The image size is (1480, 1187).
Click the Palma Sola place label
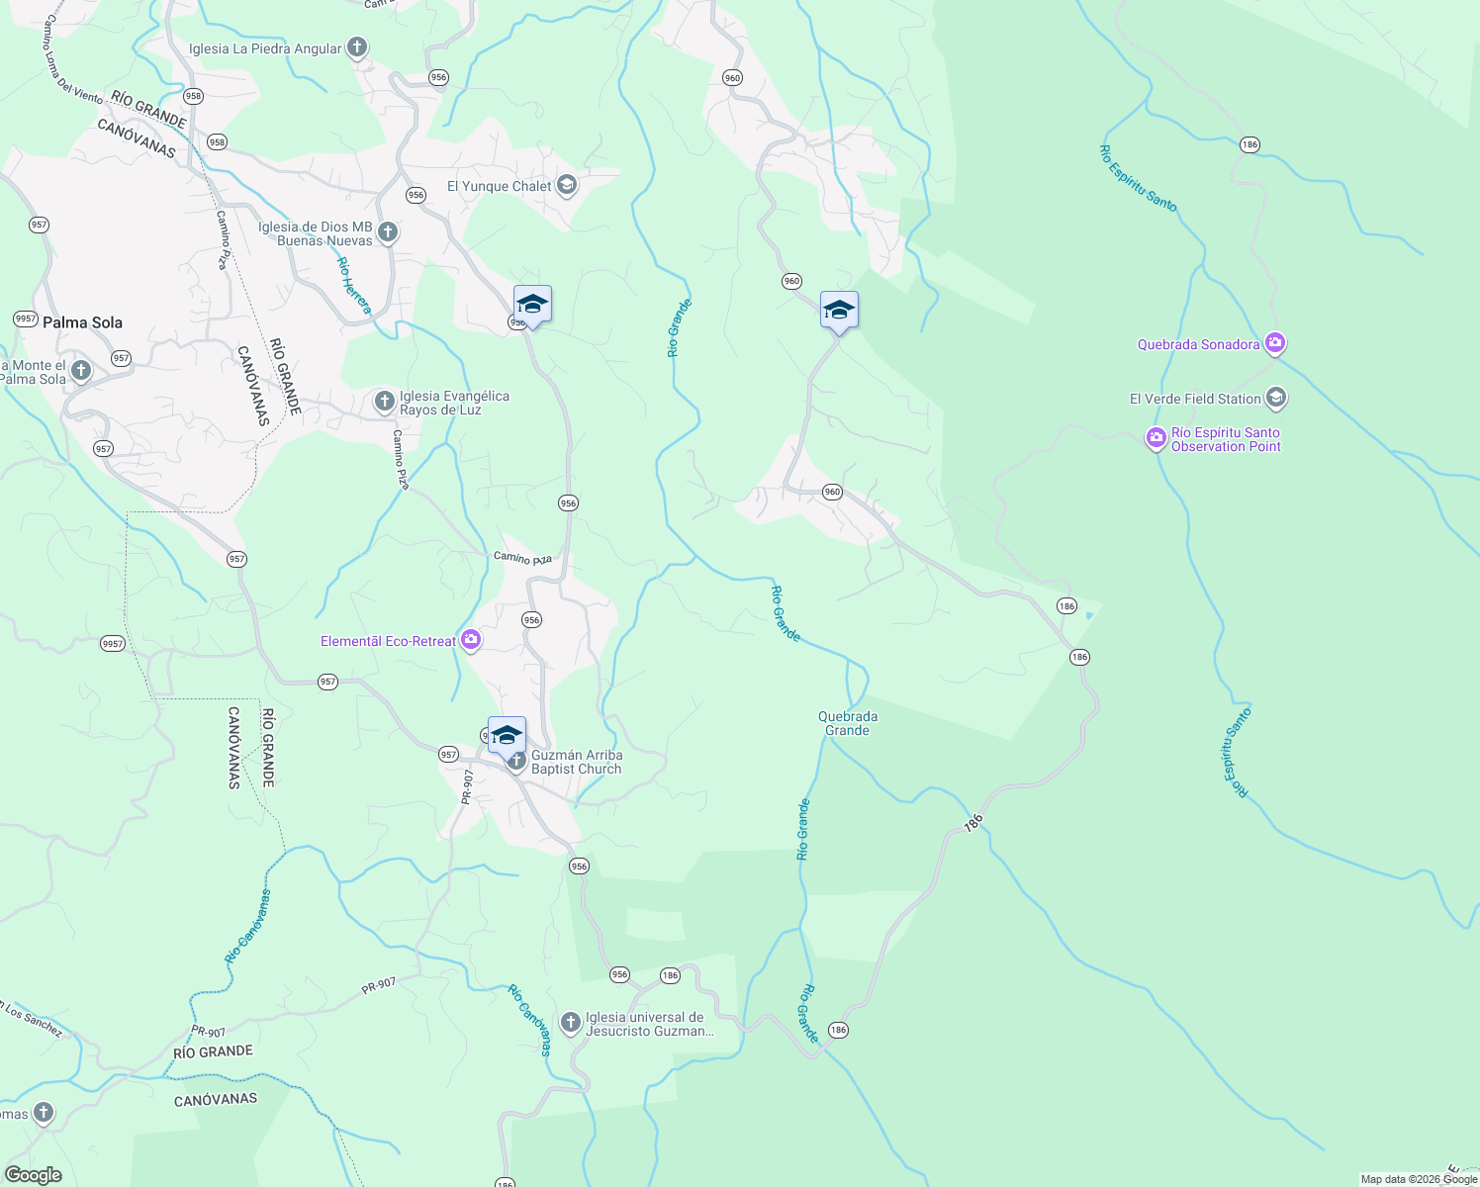(82, 322)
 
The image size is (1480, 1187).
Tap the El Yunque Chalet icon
(567, 185)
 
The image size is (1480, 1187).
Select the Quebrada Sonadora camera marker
(1275, 344)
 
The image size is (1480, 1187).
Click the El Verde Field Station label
(1195, 399)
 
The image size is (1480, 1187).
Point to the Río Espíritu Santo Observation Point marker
(1156, 437)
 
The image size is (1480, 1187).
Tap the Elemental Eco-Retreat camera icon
(471, 640)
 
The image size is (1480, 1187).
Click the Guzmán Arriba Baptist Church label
(577, 762)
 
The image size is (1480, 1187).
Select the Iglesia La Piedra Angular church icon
(357, 47)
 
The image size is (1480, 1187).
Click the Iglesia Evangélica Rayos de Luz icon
(384, 402)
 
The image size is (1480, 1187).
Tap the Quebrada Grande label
(848, 723)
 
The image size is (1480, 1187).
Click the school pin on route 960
(839, 311)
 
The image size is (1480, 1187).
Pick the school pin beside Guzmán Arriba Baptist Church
(507, 735)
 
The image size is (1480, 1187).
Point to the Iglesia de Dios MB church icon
(388, 232)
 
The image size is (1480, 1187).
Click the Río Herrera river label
(353, 286)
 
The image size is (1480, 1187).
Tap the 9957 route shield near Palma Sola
(26, 319)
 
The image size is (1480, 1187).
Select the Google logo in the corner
(34, 1175)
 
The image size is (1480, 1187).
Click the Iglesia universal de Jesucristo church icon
(570, 1023)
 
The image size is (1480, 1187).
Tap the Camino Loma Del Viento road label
(72, 60)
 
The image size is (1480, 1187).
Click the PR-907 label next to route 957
(468, 785)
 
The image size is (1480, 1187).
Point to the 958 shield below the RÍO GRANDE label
(217, 142)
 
